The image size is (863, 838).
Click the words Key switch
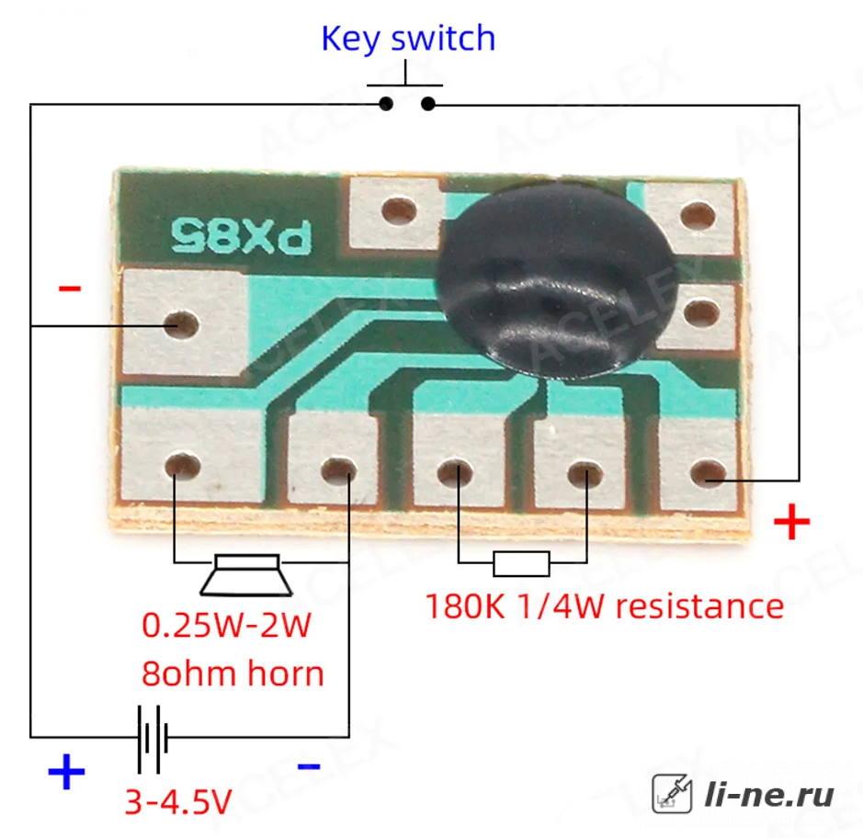point(408,39)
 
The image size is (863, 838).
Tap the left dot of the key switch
point(386,104)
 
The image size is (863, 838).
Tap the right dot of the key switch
point(427,104)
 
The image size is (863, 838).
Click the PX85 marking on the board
point(241,236)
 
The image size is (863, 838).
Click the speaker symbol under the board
point(246,575)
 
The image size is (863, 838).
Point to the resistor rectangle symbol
point(521,563)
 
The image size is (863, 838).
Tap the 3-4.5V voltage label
point(178,801)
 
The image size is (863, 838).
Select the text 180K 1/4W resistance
point(605,606)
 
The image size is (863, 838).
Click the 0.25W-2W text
point(226,625)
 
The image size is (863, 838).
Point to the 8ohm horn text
point(233,673)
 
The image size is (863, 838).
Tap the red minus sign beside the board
point(70,288)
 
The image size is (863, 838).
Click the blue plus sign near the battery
point(66,771)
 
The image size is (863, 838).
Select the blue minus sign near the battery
point(309,766)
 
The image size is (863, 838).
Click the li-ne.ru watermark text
point(769,795)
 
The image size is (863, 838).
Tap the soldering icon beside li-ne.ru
point(672,793)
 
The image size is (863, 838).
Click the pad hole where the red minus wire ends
point(182,324)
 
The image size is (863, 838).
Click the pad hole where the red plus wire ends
point(708,474)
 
